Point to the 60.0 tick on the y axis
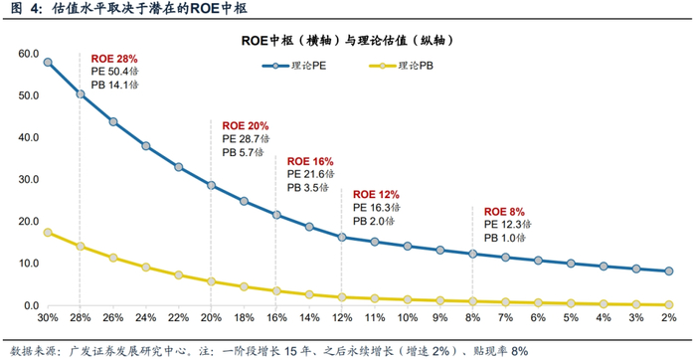coord(27,52)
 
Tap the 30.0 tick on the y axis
coord(27,179)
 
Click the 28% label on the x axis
coord(80,319)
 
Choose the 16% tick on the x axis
coord(276,319)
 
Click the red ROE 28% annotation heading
coord(114,60)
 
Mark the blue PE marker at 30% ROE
coord(47,62)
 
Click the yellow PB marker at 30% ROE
coord(47,232)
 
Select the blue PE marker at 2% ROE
coord(668,271)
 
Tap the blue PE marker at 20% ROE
coord(211,185)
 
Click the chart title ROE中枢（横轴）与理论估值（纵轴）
coord(348,41)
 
